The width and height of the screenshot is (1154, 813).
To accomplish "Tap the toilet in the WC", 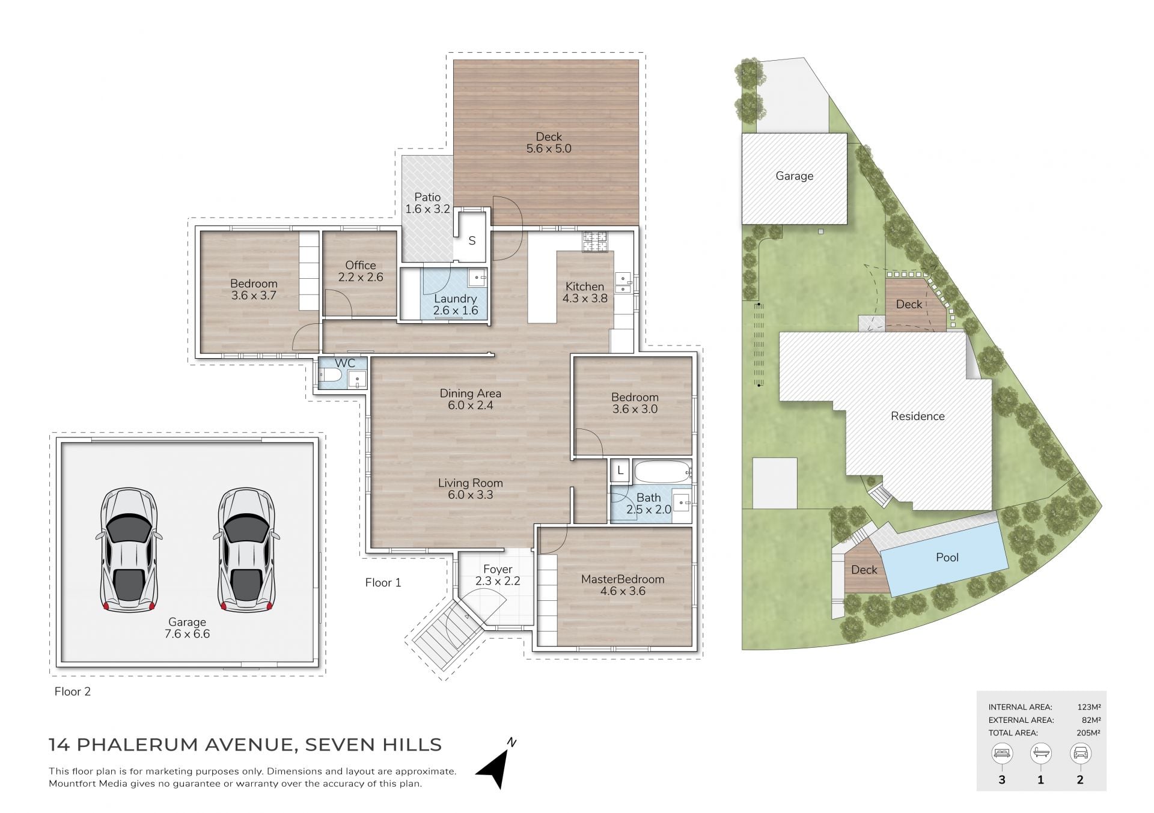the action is click(x=330, y=376).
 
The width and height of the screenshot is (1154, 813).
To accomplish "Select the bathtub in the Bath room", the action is click(x=661, y=472).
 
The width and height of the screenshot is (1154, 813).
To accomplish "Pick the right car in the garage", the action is click(x=246, y=550).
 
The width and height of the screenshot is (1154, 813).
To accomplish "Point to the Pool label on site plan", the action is click(x=947, y=557).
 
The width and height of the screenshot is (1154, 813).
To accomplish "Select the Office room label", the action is click(x=361, y=265).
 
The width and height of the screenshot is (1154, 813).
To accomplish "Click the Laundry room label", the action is click(x=455, y=299).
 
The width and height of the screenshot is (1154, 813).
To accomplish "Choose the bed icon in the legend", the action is click(x=1002, y=754).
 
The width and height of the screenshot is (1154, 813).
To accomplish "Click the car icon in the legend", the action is click(x=1080, y=754).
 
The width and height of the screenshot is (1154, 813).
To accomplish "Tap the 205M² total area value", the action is click(x=1088, y=732).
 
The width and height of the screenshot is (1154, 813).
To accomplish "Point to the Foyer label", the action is click(x=498, y=569).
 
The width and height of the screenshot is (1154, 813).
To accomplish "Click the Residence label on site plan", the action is click(x=918, y=416).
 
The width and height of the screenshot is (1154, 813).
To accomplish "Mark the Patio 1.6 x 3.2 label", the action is click(x=427, y=203).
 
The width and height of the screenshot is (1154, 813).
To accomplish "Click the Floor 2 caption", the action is click(x=72, y=692).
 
